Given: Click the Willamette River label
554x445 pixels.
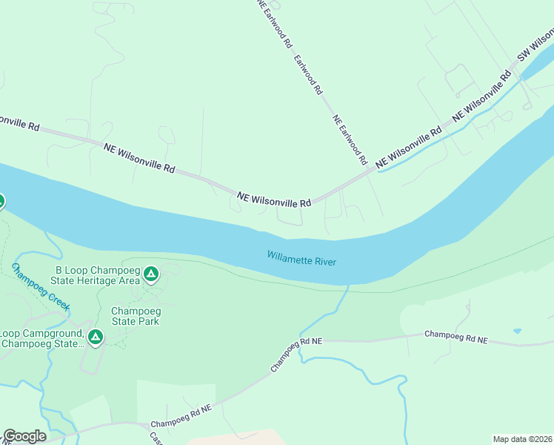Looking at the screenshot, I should [301, 258].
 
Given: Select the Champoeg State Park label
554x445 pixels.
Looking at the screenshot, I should [135, 316].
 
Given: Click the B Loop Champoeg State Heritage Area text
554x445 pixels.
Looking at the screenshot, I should [97, 274].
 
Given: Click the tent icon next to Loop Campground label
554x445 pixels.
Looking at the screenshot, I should [95, 338].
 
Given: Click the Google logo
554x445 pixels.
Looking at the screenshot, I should [24, 436].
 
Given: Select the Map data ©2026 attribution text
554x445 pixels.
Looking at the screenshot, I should [522, 439].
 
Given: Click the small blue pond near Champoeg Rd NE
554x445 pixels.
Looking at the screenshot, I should [516, 331].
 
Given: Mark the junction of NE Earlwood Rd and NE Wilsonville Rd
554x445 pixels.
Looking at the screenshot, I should [372, 170].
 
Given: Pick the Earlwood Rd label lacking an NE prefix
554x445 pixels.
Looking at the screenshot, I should [308, 74].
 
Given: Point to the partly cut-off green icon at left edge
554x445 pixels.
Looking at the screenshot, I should [1, 201].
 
